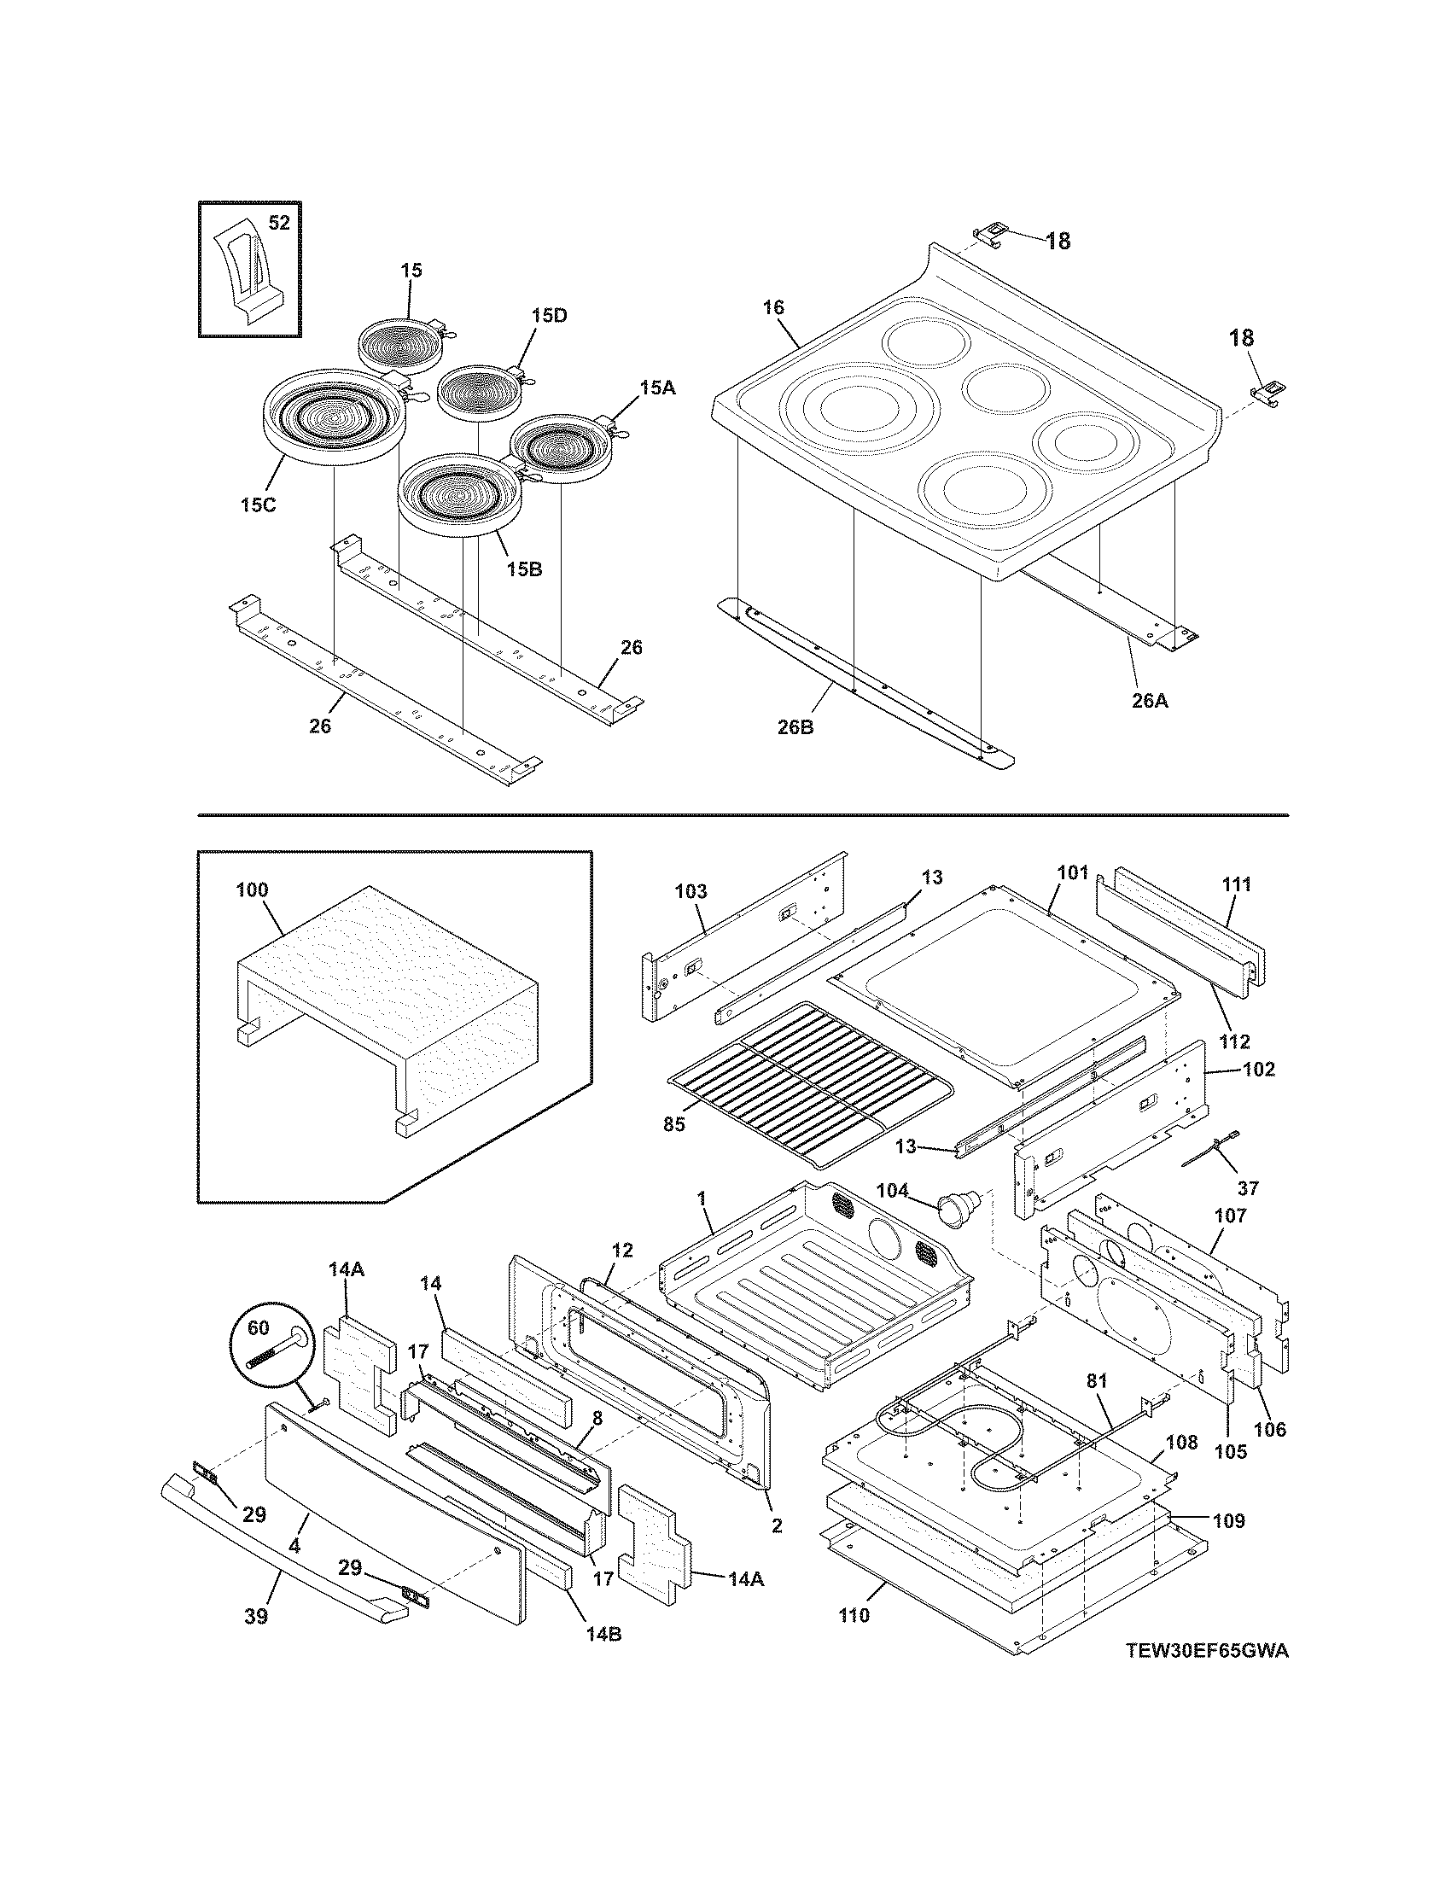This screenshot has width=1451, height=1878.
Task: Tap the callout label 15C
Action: [258, 505]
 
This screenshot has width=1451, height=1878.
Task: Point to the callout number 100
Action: [252, 890]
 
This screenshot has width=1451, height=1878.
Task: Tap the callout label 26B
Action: [795, 727]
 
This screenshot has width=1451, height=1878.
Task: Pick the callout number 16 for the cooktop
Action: [772, 308]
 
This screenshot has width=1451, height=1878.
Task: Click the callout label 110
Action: [854, 1615]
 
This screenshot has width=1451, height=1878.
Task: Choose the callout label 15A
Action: [656, 388]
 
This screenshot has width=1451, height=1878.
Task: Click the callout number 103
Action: [691, 891]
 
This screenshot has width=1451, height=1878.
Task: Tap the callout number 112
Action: [1234, 1042]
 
